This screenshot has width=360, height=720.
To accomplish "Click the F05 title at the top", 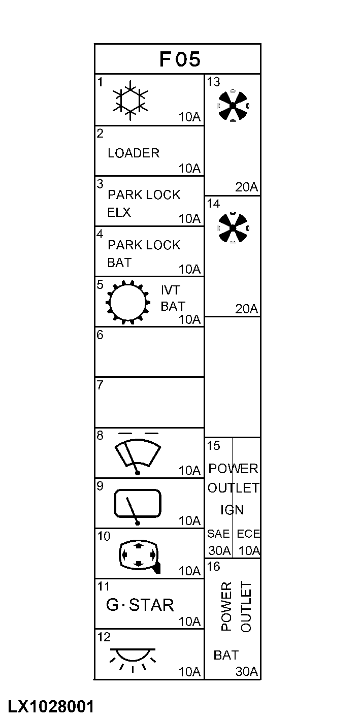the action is [x=180, y=59].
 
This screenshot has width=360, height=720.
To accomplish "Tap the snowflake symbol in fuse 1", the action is [x=130, y=100].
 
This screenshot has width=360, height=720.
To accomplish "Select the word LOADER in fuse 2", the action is [x=134, y=153].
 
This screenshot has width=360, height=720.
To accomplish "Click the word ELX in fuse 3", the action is [x=119, y=212].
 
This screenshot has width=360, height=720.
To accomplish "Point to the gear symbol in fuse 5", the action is [x=127, y=302].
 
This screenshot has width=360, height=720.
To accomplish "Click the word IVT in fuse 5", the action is [x=170, y=290].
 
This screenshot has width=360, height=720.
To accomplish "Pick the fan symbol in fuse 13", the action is [x=233, y=106].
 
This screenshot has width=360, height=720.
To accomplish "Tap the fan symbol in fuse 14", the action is [x=233, y=228].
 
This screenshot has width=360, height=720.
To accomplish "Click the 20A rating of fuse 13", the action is [x=247, y=187].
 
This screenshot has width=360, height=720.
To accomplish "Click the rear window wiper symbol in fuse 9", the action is [x=138, y=506].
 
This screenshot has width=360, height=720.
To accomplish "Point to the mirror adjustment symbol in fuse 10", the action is [x=139, y=556].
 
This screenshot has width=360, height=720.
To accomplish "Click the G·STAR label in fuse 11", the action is [x=140, y=605].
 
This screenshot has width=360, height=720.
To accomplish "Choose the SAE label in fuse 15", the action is [x=218, y=534].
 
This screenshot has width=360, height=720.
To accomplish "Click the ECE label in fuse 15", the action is [x=248, y=534].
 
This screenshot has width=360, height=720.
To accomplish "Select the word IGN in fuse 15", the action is [x=232, y=510].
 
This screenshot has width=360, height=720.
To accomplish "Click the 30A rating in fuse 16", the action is [x=247, y=671].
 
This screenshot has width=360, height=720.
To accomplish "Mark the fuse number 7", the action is [x=100, y=385].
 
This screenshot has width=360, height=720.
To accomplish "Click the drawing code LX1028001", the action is [x=51, y=706].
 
